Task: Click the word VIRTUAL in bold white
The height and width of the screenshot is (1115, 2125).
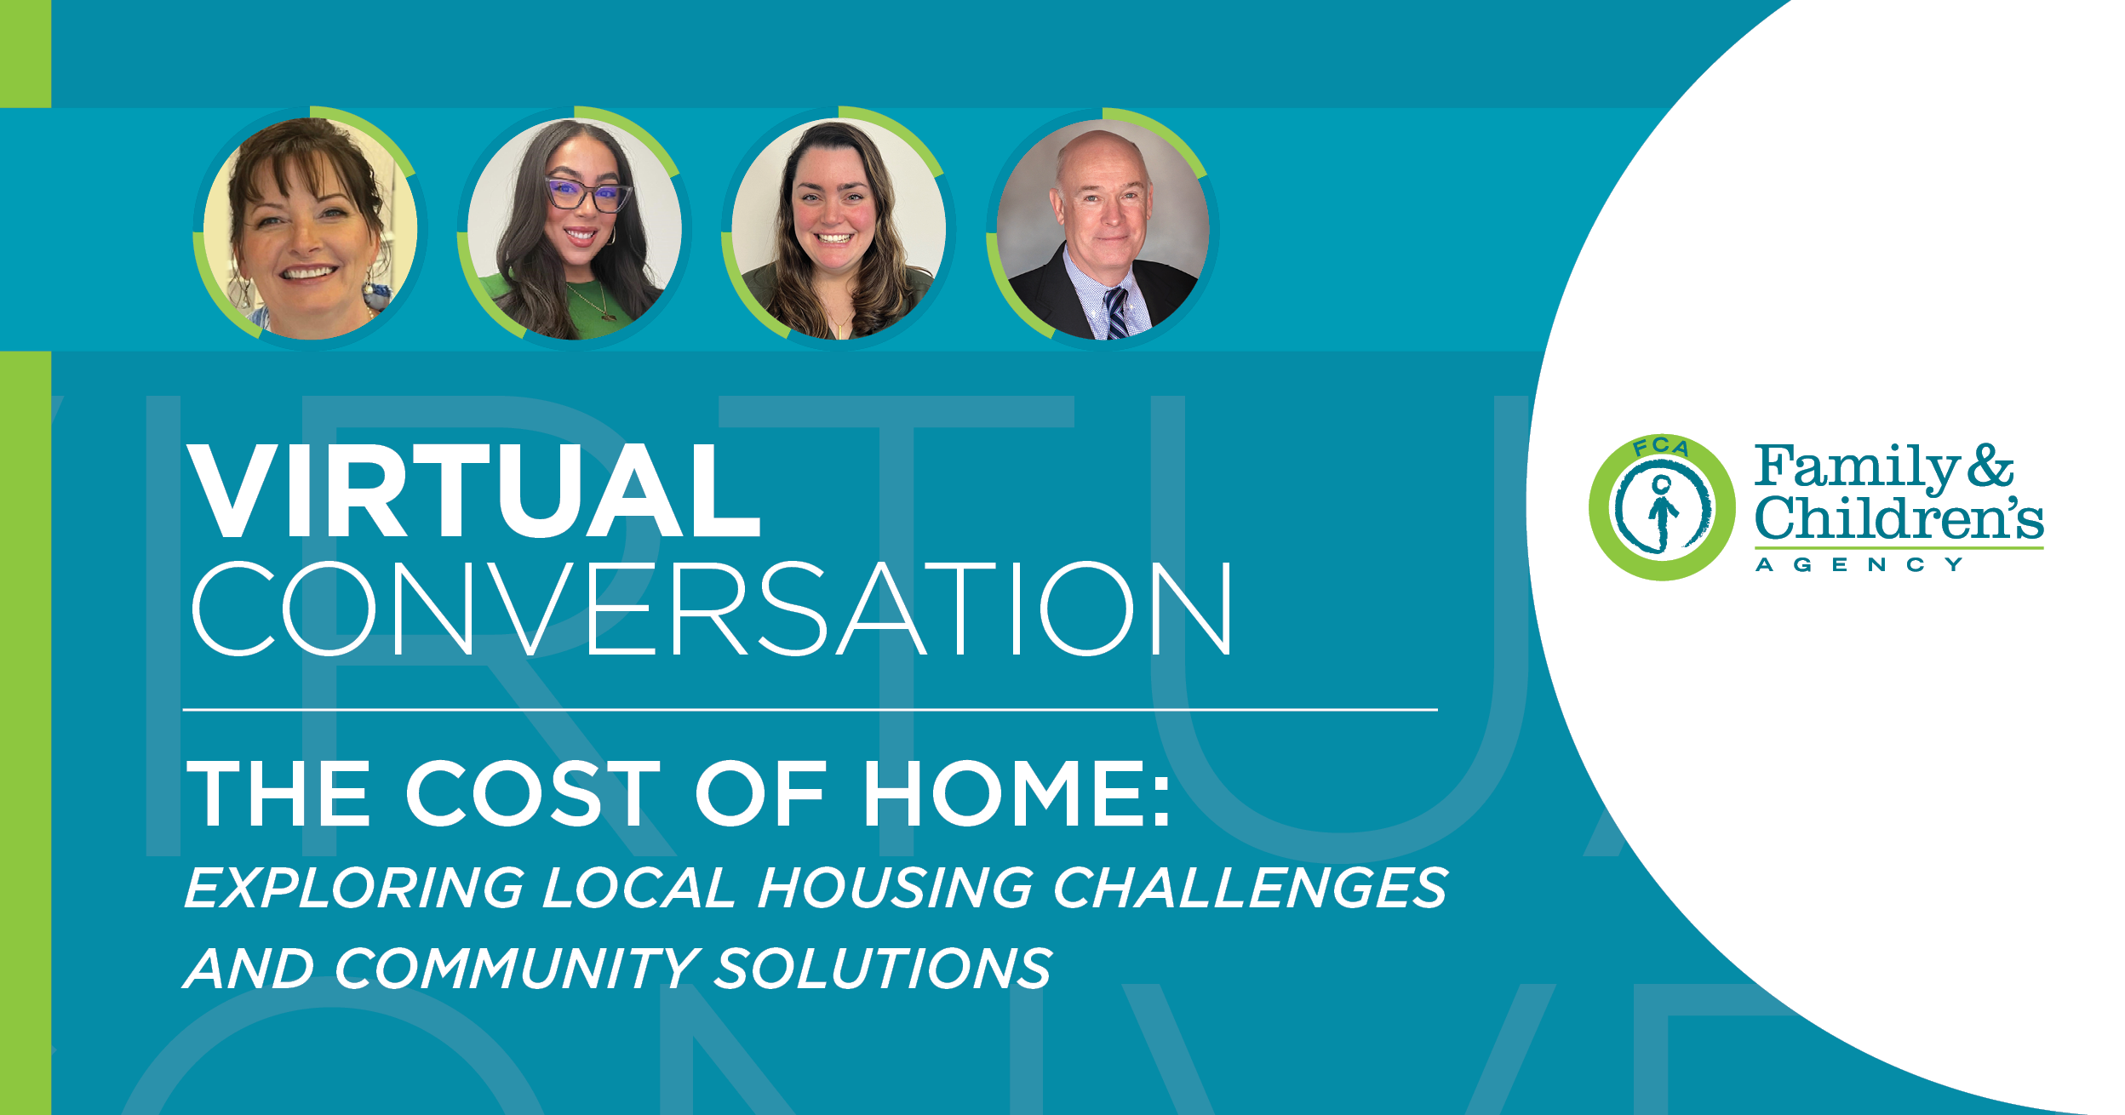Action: tap(473, 491)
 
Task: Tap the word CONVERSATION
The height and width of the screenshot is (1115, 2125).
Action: tap(712, 609)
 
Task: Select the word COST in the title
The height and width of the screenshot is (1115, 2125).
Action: tap(534, 793)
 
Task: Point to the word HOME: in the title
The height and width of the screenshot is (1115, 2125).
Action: tap(1017, 793)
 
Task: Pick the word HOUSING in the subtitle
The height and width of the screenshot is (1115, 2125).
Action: tap(895, 889)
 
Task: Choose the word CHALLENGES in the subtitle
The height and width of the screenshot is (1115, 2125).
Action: tap(1250, 889)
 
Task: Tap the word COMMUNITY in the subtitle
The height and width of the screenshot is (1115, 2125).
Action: tap(517, 969)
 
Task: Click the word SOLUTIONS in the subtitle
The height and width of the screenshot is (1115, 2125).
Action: tap(883, 969)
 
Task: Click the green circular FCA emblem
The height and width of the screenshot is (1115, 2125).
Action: tap(1661, 508)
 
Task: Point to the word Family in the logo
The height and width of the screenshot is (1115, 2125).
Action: tap(1856, 467)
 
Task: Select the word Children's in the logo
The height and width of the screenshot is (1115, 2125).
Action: tap(1899, 517)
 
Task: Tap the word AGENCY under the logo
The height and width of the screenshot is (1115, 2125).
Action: tap(1859, 565)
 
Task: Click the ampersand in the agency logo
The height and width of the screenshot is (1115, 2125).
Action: tap(1990, 466)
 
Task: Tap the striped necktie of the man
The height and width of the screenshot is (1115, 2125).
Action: tap(1115, 313)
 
